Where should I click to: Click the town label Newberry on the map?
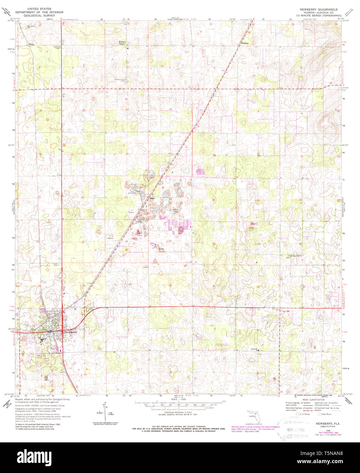[71, 332]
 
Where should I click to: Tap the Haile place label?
[153, 198]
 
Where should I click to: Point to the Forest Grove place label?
[122, 43]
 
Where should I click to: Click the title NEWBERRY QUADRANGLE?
[318, 10]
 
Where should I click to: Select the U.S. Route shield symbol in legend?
[298, 414]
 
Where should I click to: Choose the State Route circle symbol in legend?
[319, 414]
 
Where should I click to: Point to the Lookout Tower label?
[57, 47]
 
